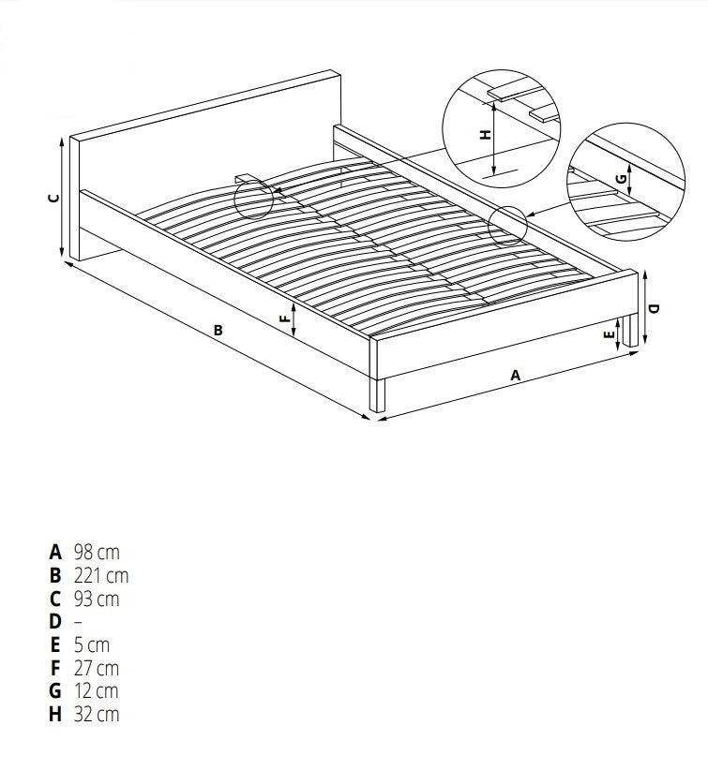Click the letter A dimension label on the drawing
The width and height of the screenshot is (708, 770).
(515, 376)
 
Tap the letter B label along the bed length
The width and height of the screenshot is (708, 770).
(218, 331)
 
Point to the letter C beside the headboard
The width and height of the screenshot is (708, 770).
(54, 199)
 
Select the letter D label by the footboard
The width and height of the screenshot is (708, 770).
(654, 308)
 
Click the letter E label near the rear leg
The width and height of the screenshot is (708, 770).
(609, 335)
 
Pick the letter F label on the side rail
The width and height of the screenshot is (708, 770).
(285, 318)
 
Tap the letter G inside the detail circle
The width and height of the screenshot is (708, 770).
(622, 179)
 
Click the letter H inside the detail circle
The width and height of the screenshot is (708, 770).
(485, 135)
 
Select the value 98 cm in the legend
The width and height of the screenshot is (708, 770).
(97, 553)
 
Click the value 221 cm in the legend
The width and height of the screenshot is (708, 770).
(101, 575)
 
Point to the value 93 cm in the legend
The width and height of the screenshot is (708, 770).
(97, 599)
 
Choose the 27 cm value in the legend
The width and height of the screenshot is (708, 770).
(97, 668)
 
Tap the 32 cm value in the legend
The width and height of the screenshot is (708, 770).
(97, 714)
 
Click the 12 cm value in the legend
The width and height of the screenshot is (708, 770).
(97, 691)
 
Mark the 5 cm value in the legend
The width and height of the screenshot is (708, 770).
(92, 644)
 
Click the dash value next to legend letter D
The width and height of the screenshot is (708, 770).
(78, 622)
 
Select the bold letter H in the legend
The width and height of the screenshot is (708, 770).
(55, 714)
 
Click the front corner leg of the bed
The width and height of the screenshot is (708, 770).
(378, 394)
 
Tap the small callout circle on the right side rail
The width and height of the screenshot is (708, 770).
(508, 226)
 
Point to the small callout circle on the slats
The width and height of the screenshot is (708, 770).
(253, 200)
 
